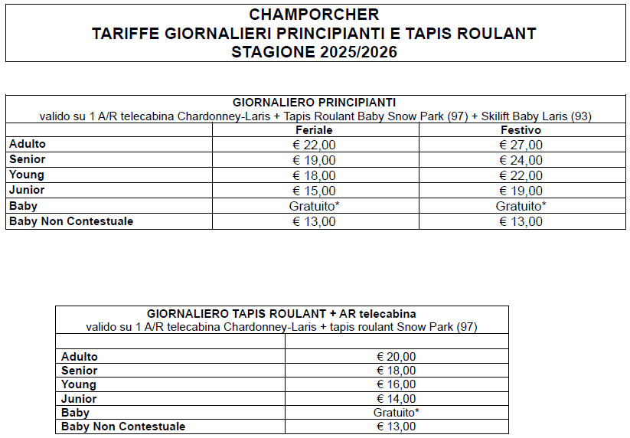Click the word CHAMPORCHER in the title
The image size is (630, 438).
click(x=314, y=15)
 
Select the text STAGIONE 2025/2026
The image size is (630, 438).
click(x=314, y=52)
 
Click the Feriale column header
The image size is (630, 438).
click(x=314, y=131)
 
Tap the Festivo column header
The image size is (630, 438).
click(x=521, y=131)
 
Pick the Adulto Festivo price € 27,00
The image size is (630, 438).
click(x=521, y=145)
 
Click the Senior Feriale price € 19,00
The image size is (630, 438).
click(x=314, y=160)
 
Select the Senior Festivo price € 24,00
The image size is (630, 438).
click(x=521, y=160)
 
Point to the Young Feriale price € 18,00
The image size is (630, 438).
click(x=314, y=175)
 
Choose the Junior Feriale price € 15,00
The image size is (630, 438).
click(x=314, y=191)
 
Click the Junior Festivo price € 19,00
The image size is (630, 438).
click(x=521, y=191)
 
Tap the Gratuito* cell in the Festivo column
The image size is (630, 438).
click(x=521, y=206)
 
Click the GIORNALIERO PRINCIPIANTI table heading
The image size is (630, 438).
click(x=314, y=102)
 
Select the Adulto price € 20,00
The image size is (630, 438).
click(x=396, y=357)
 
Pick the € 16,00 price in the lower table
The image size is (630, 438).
click(x=396, y=384)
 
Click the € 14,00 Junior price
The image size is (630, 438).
click(x=396, y=398)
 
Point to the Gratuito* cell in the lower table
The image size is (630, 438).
click(x=396, y=412)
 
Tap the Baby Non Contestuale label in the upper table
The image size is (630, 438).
click(x=70, y=221)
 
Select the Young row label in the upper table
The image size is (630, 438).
click(x=26, y=175)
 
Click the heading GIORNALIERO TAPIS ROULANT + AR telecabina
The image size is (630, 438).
click(x=282, y=313)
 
